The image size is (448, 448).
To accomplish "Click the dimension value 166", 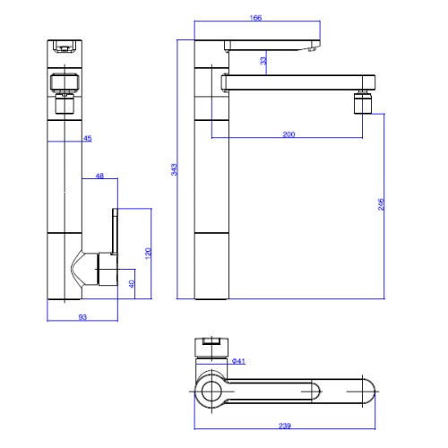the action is pyautogui.click(x=255, y=18).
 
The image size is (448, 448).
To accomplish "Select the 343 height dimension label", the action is pyautogui.click(x=174, y=169).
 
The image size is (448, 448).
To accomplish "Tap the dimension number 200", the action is pyautogui.click(x=289, y=134).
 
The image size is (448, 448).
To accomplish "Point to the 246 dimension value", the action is pyautogui.click(x=381, y=204).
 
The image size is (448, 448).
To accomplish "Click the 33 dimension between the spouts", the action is pyautogui.click(x=263, y=61).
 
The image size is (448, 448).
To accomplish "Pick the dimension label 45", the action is pyautogui.click(x=88, y=138).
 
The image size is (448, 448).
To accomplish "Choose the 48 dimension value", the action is pyautogui.click(x=99, y=176).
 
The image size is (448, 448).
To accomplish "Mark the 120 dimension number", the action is pyautogui.click(x=148, y=254).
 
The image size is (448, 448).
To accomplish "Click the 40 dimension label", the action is pyautogui.click(x=132, y=284).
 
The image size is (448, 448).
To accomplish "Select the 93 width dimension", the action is pyautogui.click(x=82, y=317).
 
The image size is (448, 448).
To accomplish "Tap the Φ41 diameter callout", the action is pyautogui.click(x=238, y=361).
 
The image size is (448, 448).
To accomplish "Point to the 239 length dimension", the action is pyautogui.click(x=285, y=426).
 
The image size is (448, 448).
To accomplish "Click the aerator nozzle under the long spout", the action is pyautogui.click(x=363, y=103).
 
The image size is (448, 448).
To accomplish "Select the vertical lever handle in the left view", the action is pyautogui.click(x=115, y=231).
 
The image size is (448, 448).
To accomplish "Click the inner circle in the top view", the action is pyautogui.click(x=211, y=392).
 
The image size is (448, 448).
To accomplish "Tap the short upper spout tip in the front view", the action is pyautogui.click(x=312, y=48).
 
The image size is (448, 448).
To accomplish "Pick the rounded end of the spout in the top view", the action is pyautogui.click(x=369, y=392).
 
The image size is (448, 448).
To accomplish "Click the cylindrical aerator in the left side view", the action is pyautogui.click(x=65, y=104).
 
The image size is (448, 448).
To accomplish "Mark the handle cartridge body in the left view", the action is pyautogui.click(x=108, y=269).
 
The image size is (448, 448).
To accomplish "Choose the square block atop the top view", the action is pyautogui.click(x=211, y=348).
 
